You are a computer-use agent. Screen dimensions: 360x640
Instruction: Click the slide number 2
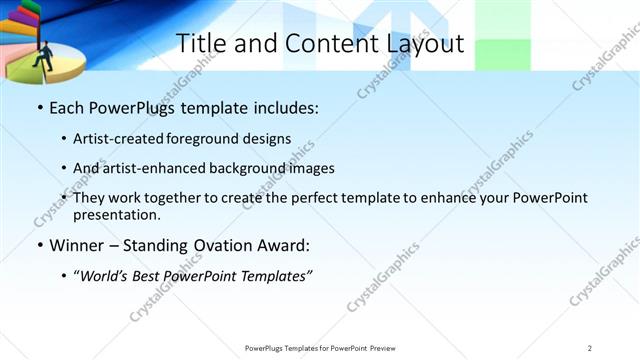[x=591, y=348]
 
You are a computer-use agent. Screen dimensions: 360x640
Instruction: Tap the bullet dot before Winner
[x=39, y=245]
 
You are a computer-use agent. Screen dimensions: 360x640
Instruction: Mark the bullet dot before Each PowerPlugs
[x=39, y=107]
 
